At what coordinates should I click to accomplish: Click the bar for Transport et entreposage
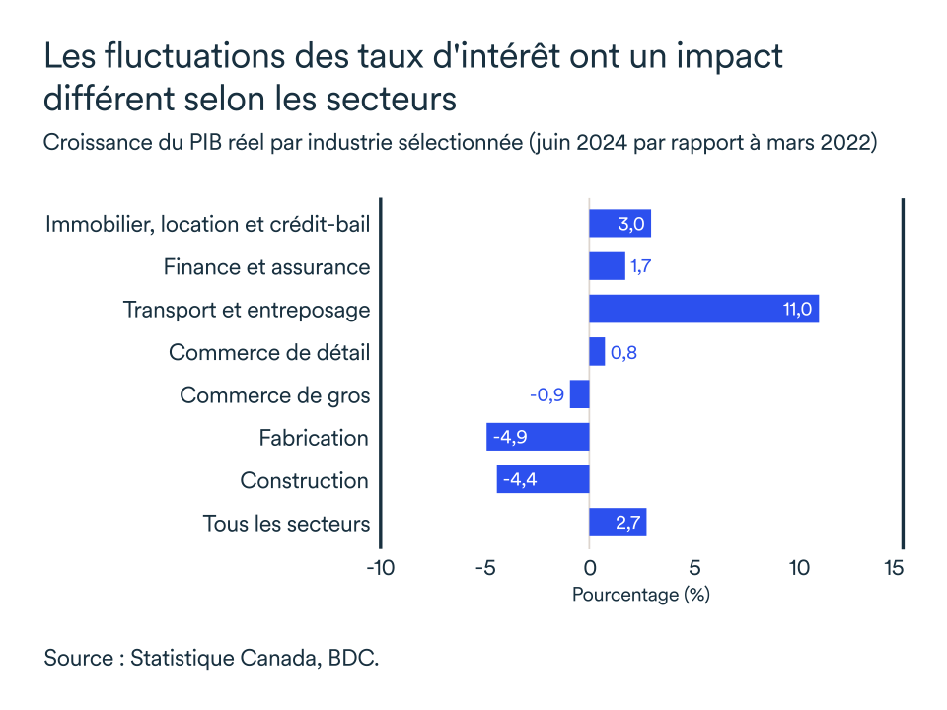(703, 309)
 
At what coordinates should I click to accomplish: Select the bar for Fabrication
(538, 437)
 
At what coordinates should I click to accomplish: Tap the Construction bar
(543, 480)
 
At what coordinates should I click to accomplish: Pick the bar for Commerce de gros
(579, 394)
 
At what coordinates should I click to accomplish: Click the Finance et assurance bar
(607, 266)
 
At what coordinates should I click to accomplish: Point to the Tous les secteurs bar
(618, 523)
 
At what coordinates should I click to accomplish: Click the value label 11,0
(797, 310)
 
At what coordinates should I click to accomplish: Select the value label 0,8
(623, 352)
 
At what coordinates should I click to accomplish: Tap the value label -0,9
(546, 395)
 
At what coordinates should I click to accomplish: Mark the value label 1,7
(641, 267)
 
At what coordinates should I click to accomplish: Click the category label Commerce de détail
(269, 352)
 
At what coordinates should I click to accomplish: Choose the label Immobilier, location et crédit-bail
(207, 224)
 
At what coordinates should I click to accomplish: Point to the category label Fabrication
(314, 438)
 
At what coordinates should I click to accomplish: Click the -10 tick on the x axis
(380, 568)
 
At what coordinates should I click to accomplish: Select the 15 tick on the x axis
(894, 568)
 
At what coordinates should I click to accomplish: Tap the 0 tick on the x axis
(589, 568)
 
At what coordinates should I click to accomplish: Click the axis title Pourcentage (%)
(640, 595)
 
